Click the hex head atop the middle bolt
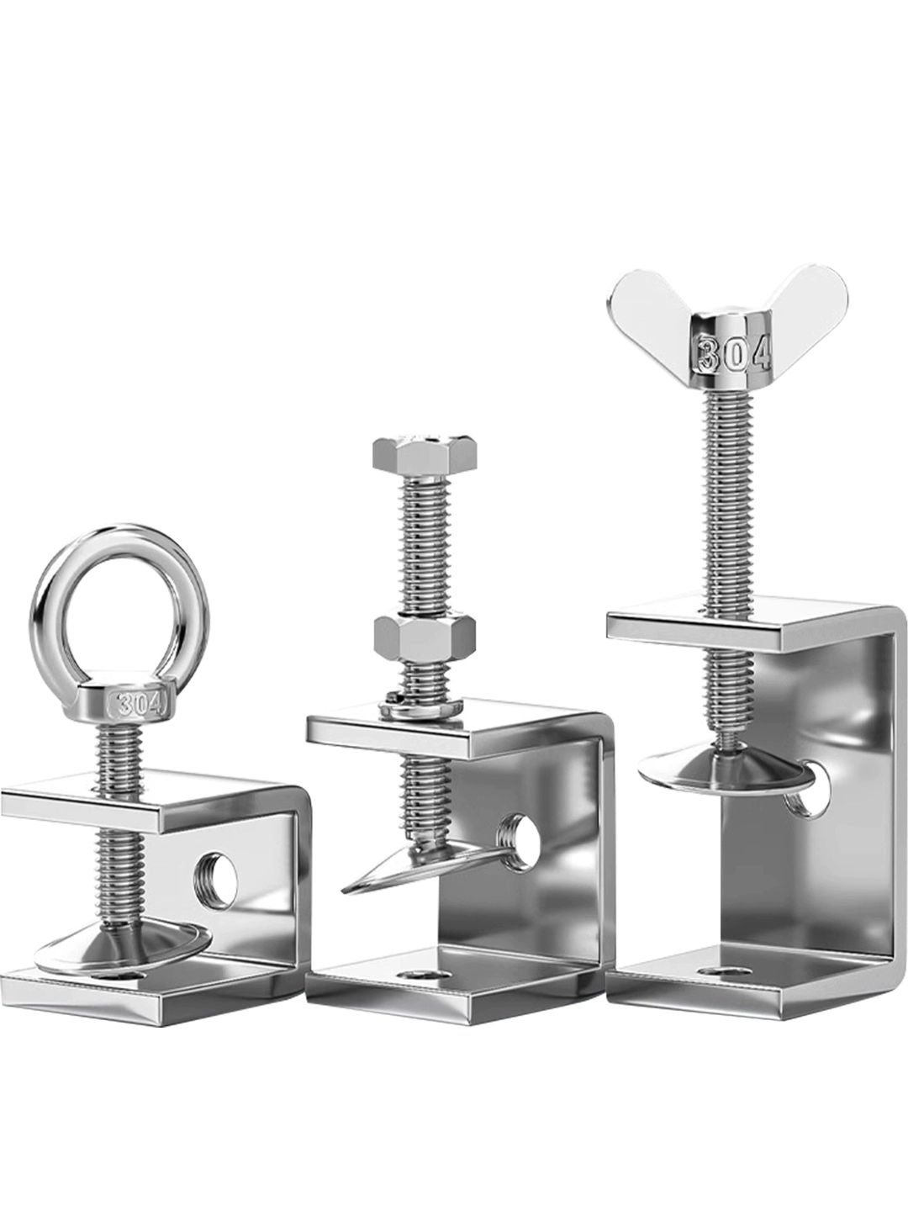[424, 455]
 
